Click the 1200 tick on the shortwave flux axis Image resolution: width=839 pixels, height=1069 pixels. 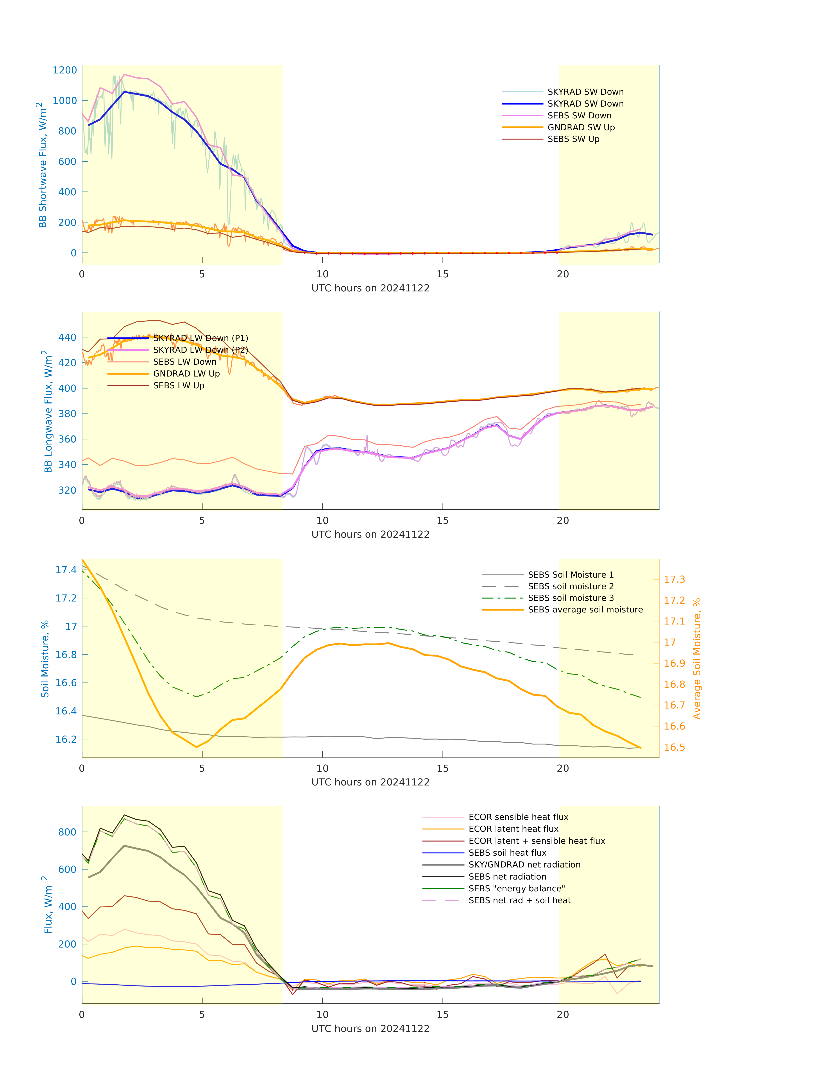(x=65, y=70)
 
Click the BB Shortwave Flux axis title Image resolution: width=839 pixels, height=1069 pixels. (x=43, y=165)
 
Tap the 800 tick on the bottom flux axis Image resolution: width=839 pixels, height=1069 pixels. (x=67, y=832)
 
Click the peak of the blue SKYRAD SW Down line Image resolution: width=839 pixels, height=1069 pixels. (x=125, y=92)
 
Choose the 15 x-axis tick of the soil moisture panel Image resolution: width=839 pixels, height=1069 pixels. (x=443, y=768)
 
